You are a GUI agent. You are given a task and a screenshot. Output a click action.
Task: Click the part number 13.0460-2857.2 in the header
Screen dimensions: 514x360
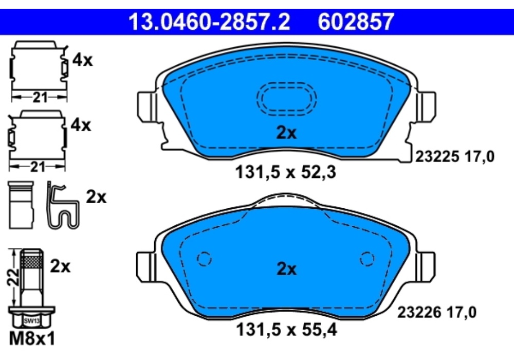click(209, 22)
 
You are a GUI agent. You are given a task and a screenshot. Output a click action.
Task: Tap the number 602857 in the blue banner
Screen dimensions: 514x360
click(356, 22)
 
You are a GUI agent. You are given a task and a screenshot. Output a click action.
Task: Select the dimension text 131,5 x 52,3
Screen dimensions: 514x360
click(285, 172)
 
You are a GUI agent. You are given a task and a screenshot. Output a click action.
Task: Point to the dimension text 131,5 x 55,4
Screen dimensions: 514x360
click(286, 329)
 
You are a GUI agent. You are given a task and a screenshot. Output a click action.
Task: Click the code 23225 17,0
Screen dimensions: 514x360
click(455, 156)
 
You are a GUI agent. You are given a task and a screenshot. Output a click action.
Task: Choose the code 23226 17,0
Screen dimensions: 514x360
click(436, 312)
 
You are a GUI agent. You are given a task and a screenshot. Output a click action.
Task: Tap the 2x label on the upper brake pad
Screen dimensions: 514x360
click(286, 133)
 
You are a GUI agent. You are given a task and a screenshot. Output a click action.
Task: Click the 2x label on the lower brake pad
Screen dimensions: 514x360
click(286, 269)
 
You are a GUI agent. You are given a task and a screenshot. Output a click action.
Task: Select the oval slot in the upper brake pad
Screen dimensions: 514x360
click(286, 98)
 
